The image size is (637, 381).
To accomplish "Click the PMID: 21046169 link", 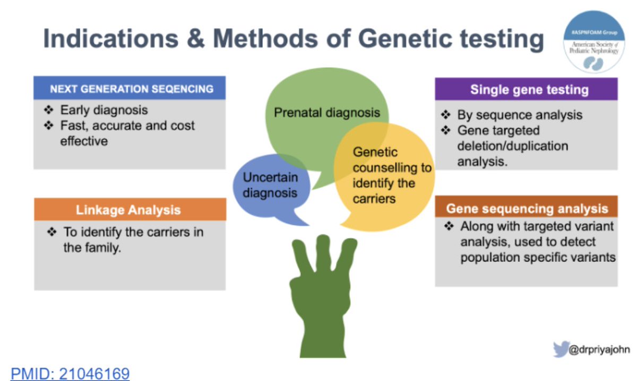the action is pos(70,373).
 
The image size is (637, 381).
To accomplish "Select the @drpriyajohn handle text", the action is pos(597,350).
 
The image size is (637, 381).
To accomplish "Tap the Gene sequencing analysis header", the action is pos(527,208).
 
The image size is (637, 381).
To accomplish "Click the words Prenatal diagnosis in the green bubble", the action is pos(326,112).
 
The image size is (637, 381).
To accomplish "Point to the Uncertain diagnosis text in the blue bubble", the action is pos(270,184).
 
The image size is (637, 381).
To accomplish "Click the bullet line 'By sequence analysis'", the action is pos(519,115).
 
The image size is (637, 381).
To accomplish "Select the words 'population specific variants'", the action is pos(538,258).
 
